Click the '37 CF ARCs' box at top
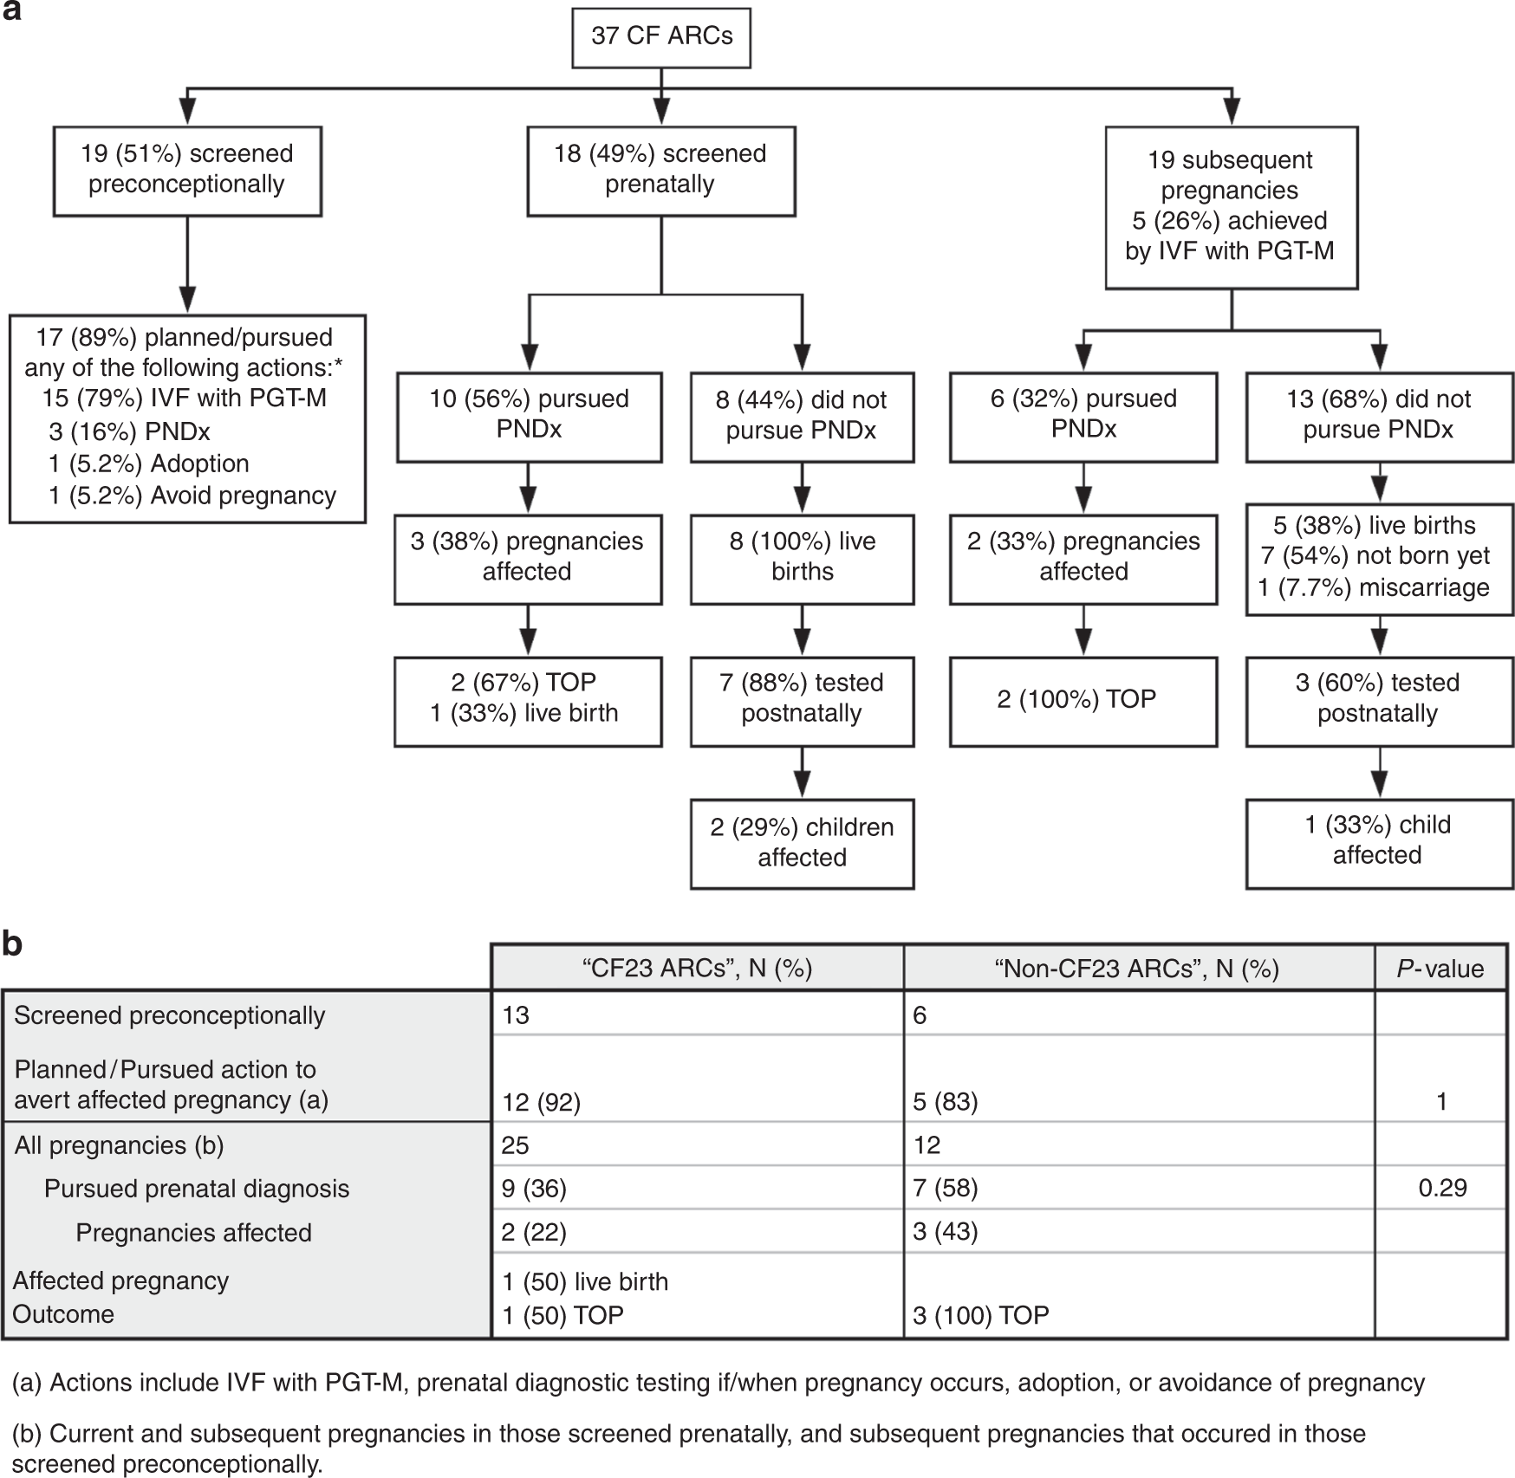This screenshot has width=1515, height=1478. pos(661,37)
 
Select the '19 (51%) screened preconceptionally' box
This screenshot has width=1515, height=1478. pos(187,170)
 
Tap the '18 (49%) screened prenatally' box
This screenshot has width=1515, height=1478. pos(660,170)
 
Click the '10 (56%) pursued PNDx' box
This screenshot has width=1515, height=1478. pos(529,415)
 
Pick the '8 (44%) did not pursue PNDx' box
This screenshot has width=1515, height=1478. pos(802,415)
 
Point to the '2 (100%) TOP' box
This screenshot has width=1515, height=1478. pos(1083,700)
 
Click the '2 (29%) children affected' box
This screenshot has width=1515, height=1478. pos(802,842)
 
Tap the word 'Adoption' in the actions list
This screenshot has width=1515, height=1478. pos(199,463)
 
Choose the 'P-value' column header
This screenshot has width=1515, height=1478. pos(1440,968)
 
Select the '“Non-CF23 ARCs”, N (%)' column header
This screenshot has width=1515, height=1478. pos(1137,968)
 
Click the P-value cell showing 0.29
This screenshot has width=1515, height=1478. pos(1442,1188)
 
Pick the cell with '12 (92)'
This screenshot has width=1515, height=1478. pos(542,1102)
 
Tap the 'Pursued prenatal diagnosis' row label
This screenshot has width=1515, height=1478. pos(197,1189)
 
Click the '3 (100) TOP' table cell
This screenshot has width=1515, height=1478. pos(980,1315)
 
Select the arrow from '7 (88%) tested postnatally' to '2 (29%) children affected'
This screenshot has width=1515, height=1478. pos(803,772)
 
